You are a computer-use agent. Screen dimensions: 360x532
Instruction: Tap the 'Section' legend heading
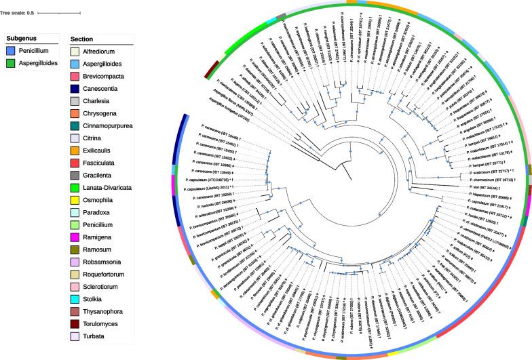pyautogui.click(x=86, y=39)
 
